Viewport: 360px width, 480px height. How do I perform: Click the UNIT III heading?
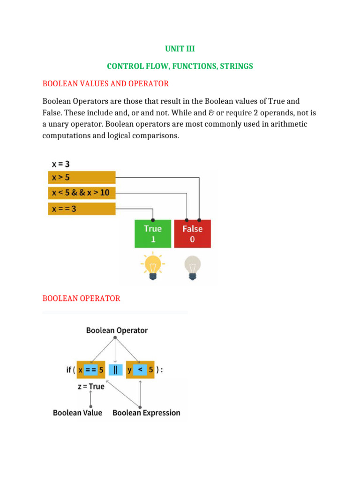point(180,48)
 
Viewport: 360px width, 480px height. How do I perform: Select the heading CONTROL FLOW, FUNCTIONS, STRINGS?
point(180,66)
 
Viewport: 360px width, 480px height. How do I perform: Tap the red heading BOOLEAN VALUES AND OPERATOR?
point(105,84)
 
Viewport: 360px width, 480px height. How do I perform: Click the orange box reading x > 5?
point(82,178)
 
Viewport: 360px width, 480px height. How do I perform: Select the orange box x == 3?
point(82,209)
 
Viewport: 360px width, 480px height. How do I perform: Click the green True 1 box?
point(152,234)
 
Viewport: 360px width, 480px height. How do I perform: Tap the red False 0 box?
point(192,234)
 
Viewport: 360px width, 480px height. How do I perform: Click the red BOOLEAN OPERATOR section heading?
point(81,299)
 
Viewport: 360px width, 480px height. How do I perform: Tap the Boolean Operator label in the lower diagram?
point(117,330)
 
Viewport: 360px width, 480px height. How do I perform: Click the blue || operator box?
point(115,370)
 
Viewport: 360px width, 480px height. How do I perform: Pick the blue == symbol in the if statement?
point(91,370)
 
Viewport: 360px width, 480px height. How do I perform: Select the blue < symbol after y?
point(140,370)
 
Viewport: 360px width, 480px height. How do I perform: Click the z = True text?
point(90,387)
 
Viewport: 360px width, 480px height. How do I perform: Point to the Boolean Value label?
point(77,413)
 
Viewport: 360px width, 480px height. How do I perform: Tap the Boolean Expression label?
point(146,413)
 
